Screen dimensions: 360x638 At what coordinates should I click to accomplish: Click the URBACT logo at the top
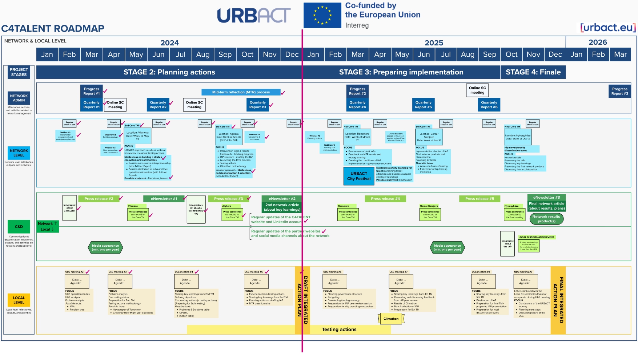pos(254,16)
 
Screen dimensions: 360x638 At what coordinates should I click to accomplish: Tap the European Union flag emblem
pos(322,15)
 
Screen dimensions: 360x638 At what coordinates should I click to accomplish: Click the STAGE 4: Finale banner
pos(533,72)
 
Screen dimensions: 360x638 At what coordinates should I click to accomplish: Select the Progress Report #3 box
pos(619,91)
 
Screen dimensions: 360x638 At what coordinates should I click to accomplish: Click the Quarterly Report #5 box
pos(423,105)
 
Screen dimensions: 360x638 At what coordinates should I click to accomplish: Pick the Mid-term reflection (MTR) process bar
pos(241,92)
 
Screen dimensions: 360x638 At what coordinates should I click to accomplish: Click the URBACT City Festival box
pos(358,176)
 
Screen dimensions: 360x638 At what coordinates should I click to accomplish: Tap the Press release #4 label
pos(385,199)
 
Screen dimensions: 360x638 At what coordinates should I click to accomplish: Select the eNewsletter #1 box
pos(164,199)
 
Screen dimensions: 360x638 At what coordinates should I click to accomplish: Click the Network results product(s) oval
pos(546,219)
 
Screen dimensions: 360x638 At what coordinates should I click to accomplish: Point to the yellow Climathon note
pos(391,319)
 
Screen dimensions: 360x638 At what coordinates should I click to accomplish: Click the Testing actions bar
pos(339,329)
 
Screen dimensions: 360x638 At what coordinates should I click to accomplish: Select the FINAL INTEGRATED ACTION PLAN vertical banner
pos(558,300)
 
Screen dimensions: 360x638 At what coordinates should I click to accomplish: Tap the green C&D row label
pos(19,227)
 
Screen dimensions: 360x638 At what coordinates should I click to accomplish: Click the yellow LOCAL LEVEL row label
pos(19,300)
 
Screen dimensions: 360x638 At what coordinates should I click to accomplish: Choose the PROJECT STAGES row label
pos(19,72)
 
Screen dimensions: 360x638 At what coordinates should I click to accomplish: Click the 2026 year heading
pos(598,42)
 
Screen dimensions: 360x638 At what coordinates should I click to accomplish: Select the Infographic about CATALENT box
pos(69,208)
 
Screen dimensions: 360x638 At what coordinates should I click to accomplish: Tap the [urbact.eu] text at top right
pos(608,28)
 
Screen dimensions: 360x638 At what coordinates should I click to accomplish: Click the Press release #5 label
pos(479,199)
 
